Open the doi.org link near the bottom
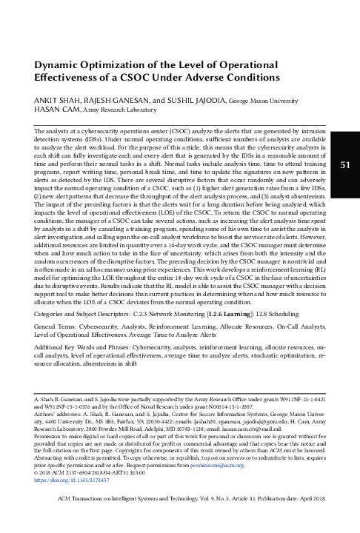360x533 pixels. tap(73, 492)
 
